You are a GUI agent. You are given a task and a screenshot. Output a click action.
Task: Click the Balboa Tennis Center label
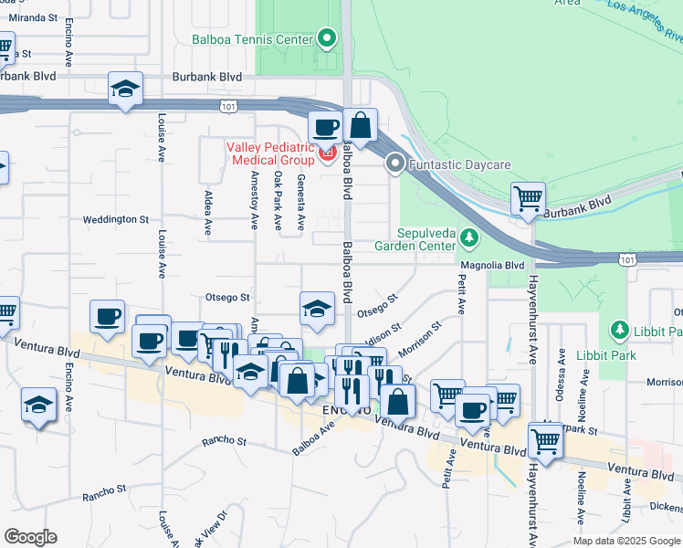pos(251,39)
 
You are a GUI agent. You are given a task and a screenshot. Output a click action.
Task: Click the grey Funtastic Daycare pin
pos(395,164)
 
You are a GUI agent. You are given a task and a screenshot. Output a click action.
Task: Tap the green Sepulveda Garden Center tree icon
pos(468,238)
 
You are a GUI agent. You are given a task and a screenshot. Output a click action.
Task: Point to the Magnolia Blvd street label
pos(493,265)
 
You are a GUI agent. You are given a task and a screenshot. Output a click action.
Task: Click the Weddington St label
pos(115,219)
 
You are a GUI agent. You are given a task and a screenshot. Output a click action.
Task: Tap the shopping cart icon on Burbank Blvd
pos(528,198)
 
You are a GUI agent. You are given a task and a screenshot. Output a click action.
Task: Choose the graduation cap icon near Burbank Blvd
pos(126,90)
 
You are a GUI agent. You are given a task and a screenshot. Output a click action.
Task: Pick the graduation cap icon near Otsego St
pos(317,308)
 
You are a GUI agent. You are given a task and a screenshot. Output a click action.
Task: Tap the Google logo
pos(30,537)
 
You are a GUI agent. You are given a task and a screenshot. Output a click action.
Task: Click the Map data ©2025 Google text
pos(625,541)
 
